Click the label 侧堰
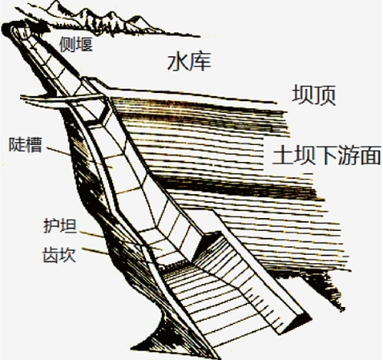[76, 44]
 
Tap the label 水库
[189, 61]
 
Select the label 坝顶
[314, 94]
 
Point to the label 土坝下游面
[326, 155]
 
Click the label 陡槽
[25, 145]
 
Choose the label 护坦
[60, 226]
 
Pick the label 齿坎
[59, 255]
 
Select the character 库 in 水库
[200, 61]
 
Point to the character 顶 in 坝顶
[325, 94]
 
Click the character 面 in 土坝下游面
[370, 155]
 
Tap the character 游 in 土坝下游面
[348, 155]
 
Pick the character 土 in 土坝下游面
[282, 155]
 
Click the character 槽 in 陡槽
[34, 145]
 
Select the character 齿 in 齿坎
[51, 255]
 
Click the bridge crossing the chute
[62, 99]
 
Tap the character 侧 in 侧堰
[68, 44]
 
